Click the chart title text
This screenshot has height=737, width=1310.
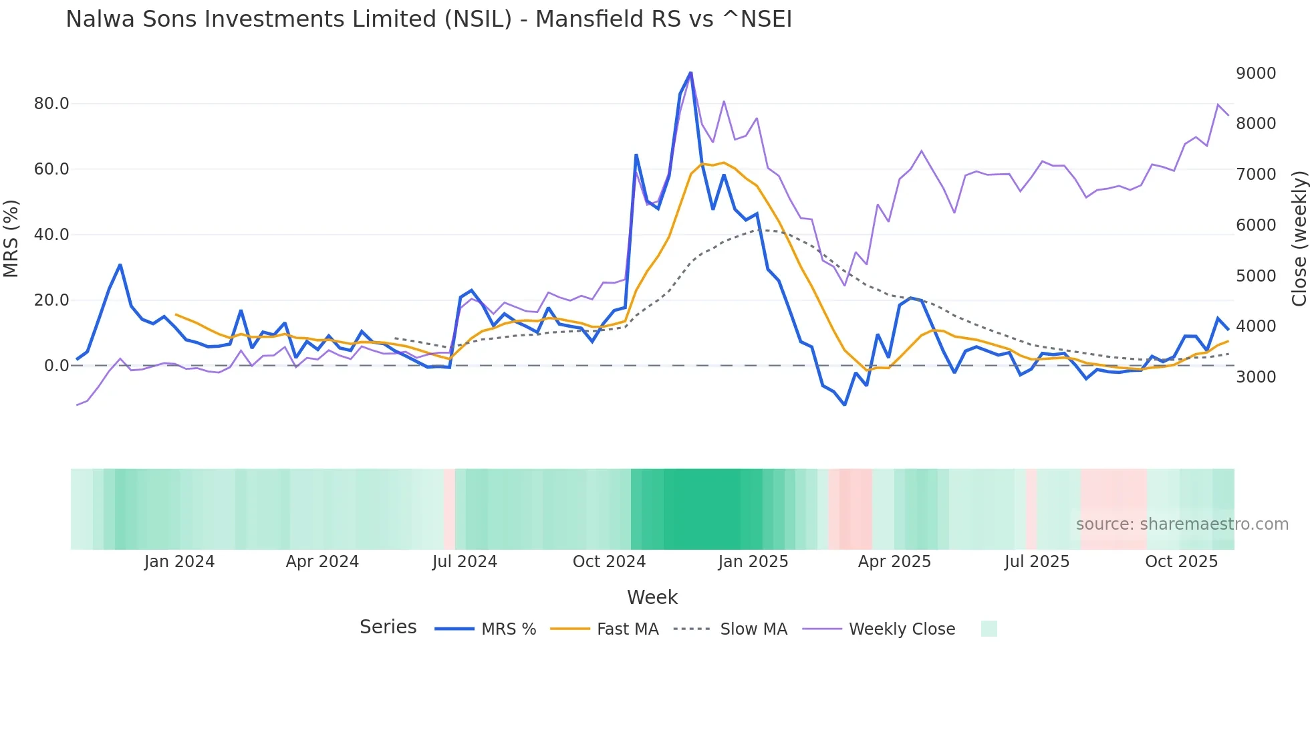428,19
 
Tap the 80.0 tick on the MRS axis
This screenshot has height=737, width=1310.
51,104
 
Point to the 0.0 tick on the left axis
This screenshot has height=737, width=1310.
57,366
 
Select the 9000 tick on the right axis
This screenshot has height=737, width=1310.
1256,74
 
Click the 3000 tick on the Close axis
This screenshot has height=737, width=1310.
1256,377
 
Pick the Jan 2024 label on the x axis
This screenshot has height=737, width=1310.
179,562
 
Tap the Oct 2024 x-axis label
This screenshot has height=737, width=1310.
609,562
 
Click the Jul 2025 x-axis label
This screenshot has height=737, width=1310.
1037,562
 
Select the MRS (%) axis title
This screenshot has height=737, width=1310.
11,238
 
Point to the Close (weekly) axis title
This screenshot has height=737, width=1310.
1299,238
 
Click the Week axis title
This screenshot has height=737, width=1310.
652,597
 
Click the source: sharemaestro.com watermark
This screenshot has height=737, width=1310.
1182,524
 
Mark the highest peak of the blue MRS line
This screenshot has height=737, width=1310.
690,73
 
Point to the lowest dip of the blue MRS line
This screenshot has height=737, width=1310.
845,405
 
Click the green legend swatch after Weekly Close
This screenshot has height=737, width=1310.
989,629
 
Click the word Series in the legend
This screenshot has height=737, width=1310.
388,627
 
